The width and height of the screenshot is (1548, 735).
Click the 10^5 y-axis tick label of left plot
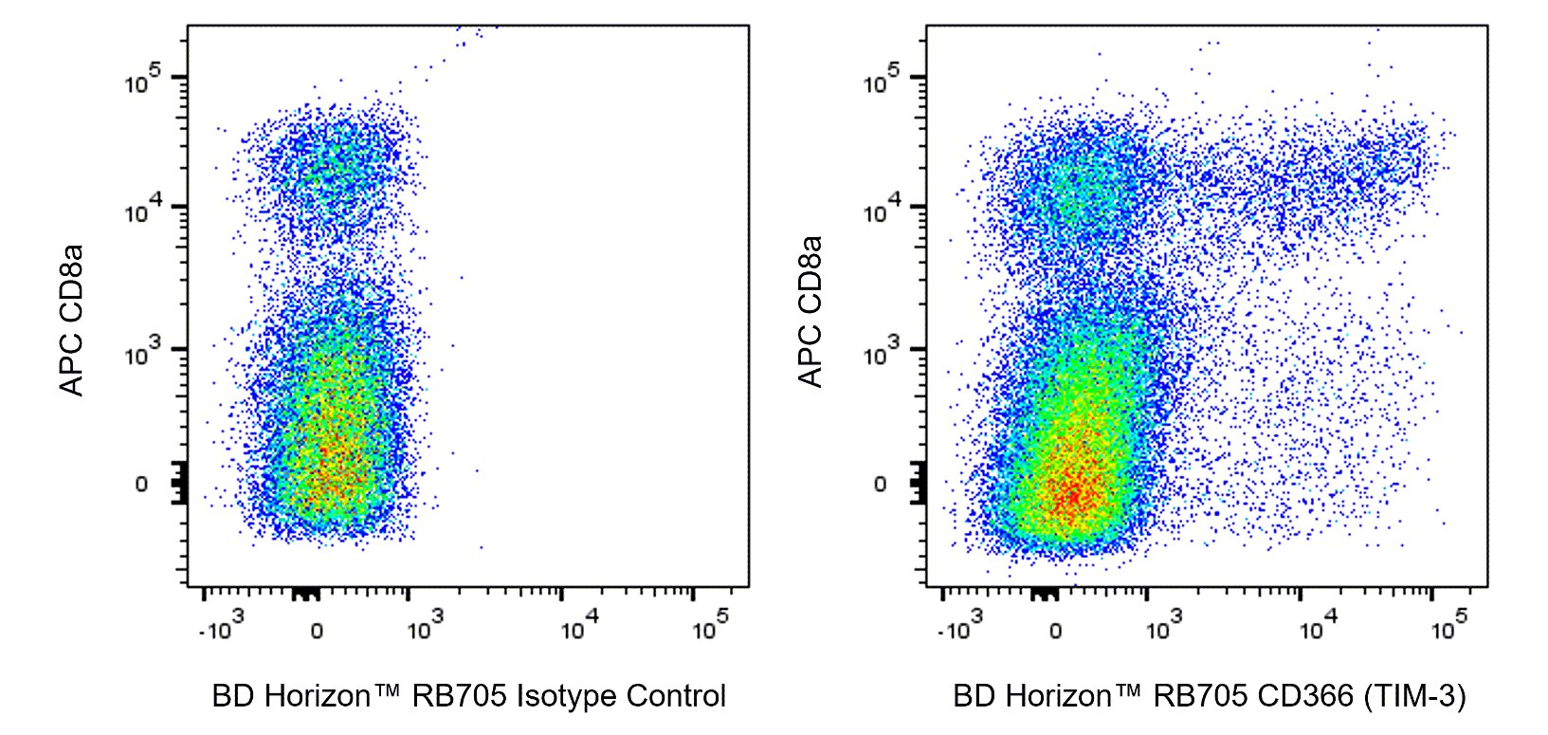143,82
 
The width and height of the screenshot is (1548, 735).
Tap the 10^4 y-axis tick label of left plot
143,211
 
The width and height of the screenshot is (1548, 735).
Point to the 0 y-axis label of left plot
141,485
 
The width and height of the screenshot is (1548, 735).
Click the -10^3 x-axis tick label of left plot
222,627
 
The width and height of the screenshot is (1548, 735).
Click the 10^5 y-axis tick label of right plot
882,82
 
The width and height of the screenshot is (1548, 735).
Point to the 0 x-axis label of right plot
1055,631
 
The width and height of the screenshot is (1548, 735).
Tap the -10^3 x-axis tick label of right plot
960,627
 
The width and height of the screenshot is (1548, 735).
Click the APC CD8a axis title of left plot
72,320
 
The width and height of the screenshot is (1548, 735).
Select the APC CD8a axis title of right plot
810,312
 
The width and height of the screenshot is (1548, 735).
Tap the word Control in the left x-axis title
677,697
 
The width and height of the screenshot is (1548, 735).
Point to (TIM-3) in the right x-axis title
1415,697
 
